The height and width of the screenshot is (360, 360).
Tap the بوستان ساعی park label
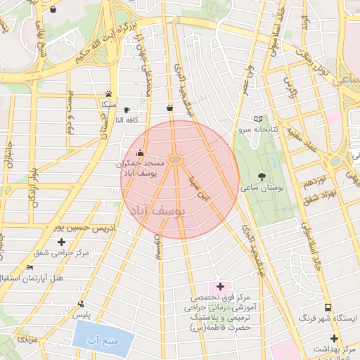[261, 188]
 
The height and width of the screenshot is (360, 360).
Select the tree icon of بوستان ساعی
[262, 176]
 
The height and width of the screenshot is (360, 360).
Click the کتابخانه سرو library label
[257, 130]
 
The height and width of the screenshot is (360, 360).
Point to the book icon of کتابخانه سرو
[257, 119]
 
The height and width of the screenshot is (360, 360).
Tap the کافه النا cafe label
[130, 120]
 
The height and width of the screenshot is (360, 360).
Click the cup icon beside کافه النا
[127, 110]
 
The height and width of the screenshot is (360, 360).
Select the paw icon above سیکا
[108, 94]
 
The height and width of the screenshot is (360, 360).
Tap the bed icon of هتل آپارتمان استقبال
[29, 268]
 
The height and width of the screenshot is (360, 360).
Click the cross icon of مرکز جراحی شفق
[61, 243]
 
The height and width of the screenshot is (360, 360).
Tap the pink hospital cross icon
[221, 286]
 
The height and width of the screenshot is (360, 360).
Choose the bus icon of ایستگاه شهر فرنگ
[328, 308]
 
